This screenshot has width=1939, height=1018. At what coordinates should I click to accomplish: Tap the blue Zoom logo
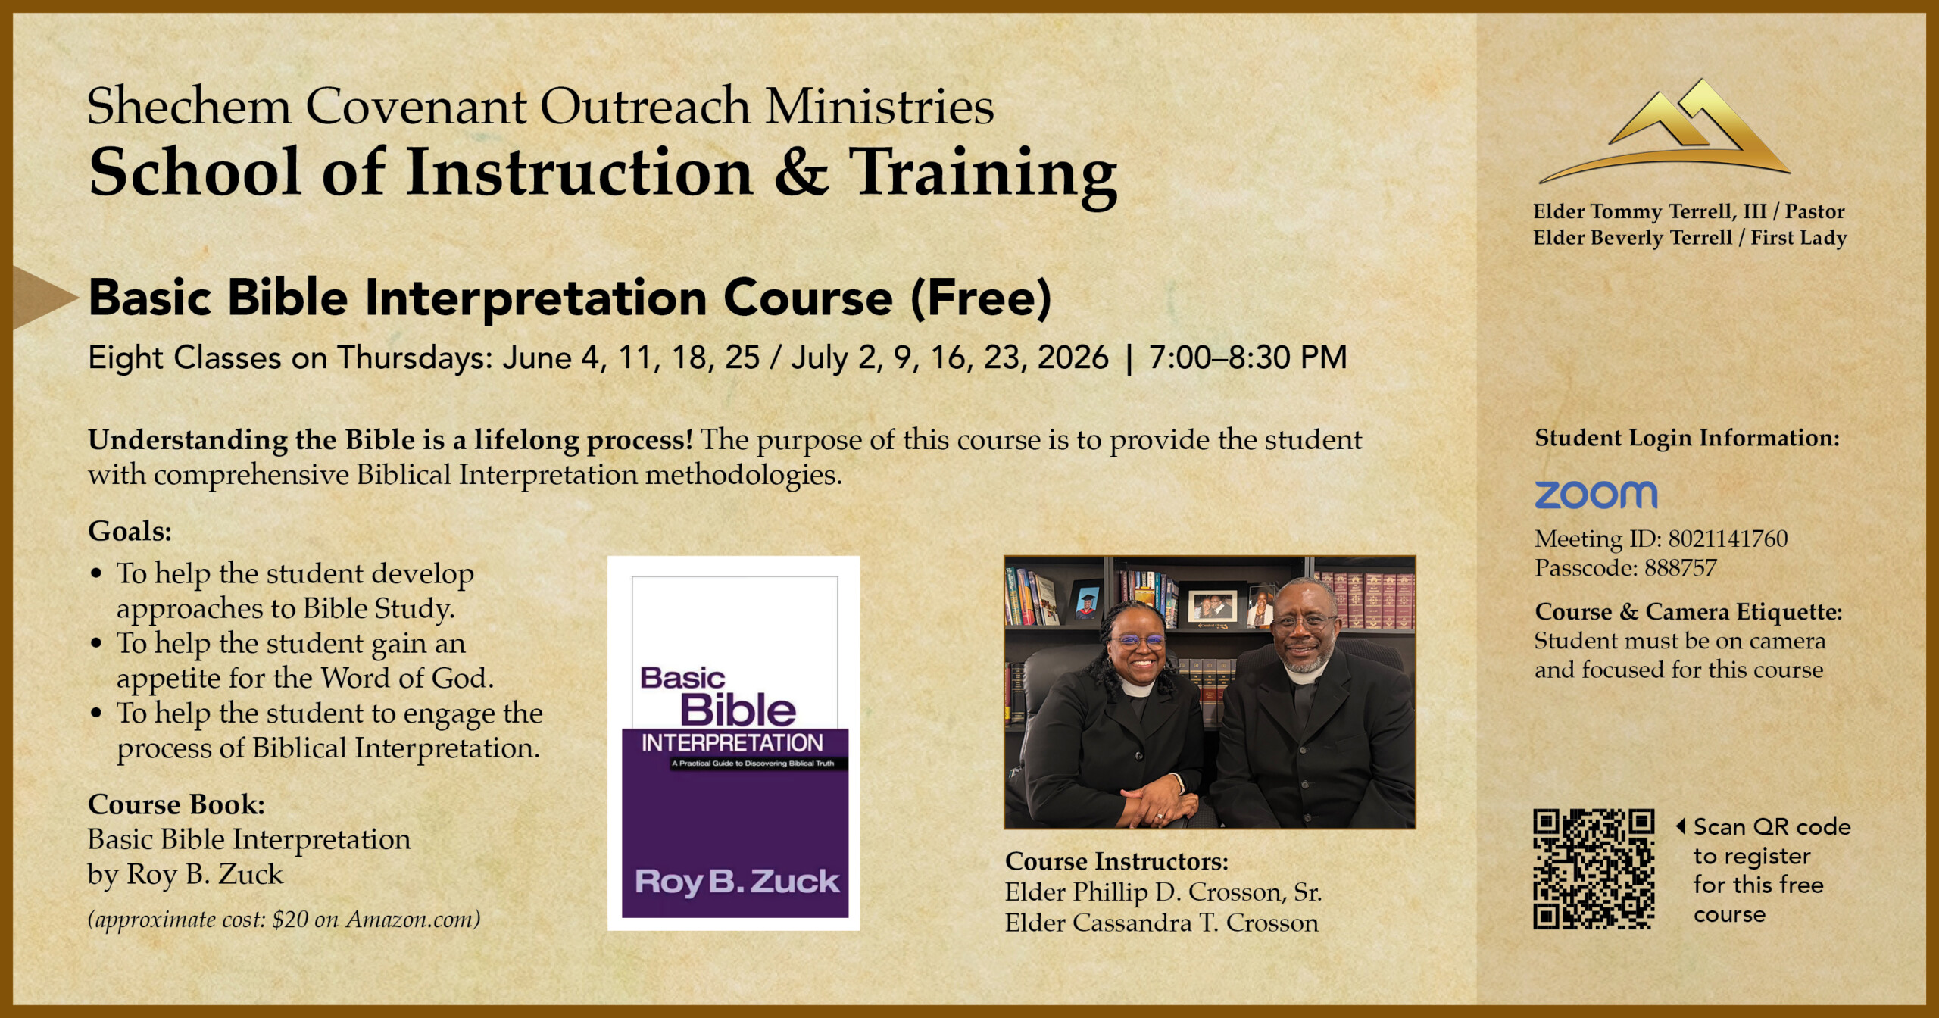coord(1596,495)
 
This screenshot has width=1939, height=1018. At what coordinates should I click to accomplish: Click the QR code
coord(1594,869)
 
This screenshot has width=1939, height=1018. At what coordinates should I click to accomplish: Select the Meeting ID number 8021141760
coord(1728,539)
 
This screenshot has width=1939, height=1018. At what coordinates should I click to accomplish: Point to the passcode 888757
coord(1680,567)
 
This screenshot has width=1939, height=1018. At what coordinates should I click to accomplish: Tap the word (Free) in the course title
coord(981,298)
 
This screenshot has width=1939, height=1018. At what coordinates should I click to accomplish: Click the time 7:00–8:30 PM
coord(1248,357)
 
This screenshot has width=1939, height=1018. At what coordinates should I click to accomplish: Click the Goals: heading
coord(130,531)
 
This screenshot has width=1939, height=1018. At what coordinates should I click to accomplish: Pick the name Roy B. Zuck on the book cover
coord(737,882)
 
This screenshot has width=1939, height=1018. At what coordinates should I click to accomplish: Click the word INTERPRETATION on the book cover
coord(732,743)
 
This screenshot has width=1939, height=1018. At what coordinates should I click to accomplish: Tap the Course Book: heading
coord(176,804)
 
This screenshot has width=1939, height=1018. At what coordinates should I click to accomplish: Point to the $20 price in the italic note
coord(290,920)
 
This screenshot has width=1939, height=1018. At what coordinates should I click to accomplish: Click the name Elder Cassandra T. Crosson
coord(1161,923)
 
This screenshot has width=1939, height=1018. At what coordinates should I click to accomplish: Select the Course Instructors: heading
coord(1116,861)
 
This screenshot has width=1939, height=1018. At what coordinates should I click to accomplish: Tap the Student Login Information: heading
coord(1687,438)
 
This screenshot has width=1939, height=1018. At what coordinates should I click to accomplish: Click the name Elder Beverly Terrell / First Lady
coord(1690,237)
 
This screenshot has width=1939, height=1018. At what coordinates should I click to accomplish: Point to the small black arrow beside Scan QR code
coord(1681,826)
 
